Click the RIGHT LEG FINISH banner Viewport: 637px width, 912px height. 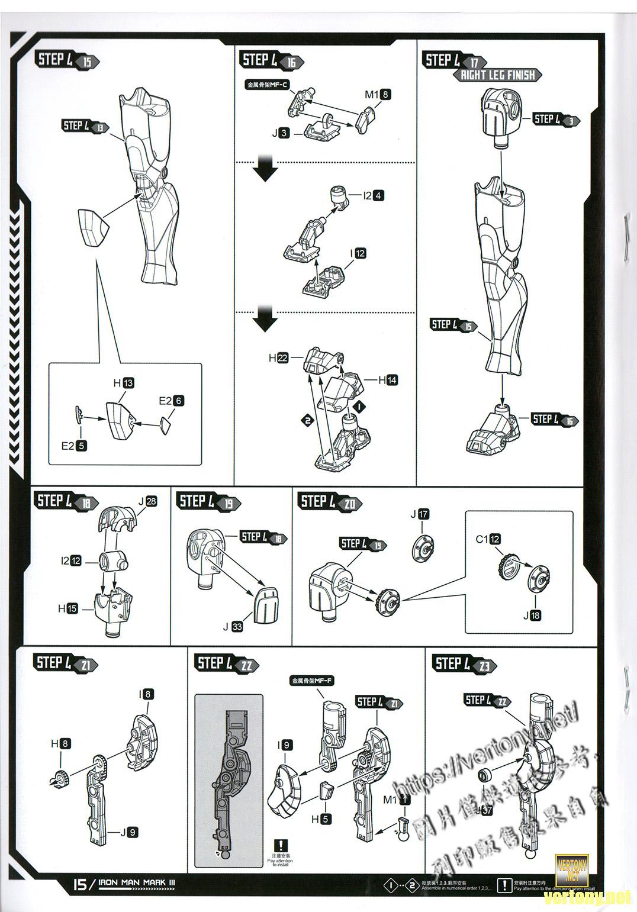click(x=498, y=75)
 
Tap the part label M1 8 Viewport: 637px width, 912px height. click(x=378, y=94)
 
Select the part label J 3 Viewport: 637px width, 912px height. click(x=281, y=133)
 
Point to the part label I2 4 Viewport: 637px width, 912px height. click(x=373, y=195)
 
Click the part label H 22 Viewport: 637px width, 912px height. click(x=278, y=357)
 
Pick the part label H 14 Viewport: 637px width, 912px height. click(x=388, y=380)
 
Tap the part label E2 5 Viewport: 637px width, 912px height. click(x=74, y=446)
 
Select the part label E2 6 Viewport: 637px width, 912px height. click(x=171, y=401)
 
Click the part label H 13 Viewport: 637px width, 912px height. click(x=124, y=383)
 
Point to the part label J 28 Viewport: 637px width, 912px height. click(x=147, y=501)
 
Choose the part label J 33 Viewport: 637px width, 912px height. click(x=233, y=627)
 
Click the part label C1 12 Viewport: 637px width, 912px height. click(x=488, y=539)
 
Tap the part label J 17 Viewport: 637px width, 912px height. click(x=420, y=514)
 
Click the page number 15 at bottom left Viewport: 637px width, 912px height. click(x=79, y=884)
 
